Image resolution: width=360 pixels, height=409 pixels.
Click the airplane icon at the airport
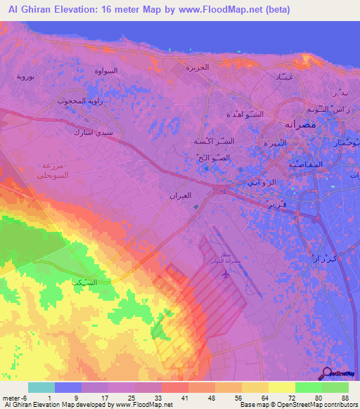click(x=225, y=273)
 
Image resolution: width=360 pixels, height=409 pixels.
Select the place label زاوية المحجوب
click(x=82, y=100)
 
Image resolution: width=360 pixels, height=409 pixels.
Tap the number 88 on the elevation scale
click(x=345, y=398)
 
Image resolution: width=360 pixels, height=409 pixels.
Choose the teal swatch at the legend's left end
click(x=41, y=387)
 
